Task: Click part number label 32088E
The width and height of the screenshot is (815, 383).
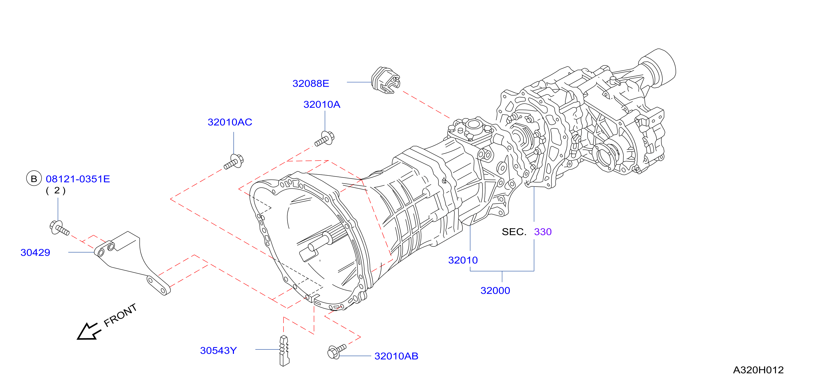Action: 311,83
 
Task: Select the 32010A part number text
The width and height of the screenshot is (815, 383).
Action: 322,104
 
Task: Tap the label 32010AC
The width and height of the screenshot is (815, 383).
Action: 230,122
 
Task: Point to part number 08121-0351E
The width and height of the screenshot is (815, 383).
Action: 78,179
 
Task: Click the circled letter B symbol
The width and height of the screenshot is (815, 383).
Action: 34,179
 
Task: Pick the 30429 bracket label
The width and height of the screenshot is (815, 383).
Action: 35,252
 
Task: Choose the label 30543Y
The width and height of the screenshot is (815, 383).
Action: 218,350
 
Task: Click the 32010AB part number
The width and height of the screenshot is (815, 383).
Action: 396,356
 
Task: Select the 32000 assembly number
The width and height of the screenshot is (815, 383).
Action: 495,290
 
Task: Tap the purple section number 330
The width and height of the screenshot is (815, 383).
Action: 543,232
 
